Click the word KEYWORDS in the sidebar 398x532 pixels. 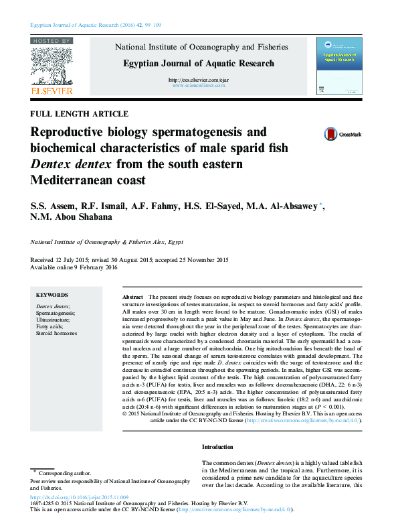click(x=52, y=295)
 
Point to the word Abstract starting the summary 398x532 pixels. click(x=132, y=296)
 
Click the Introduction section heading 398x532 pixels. click(x=217, y=447)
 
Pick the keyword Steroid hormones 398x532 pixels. click(x=56, y=333)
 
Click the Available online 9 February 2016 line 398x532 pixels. click(x=74, y=267)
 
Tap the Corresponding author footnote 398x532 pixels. click(x=64, y=473)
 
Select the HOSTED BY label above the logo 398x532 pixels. click(x=52, y=41)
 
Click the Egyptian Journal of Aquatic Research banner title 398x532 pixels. click(x=198, y=64)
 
